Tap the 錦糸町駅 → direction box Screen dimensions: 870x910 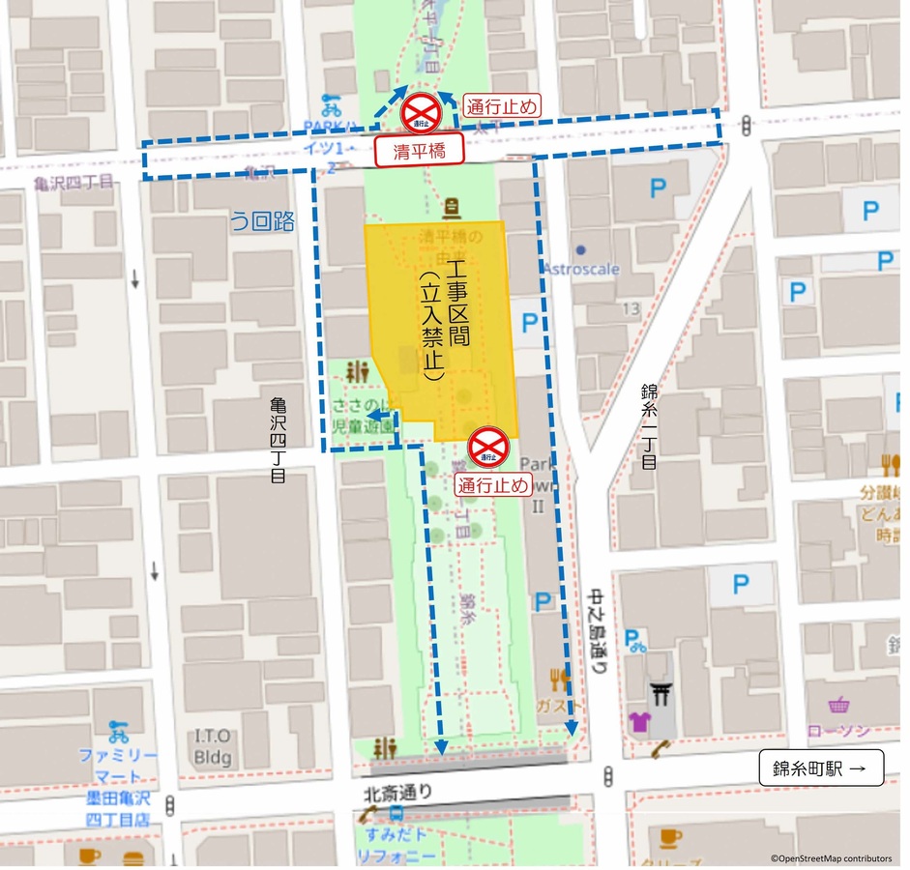(821, 768)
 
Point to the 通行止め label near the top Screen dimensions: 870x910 (501, 105)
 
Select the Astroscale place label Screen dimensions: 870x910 (581, 268)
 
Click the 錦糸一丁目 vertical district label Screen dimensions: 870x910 (648, 426)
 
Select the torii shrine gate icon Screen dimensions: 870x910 (663, 690)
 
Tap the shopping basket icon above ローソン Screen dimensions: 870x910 (837, 705)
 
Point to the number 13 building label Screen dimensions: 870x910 (632, 308)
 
